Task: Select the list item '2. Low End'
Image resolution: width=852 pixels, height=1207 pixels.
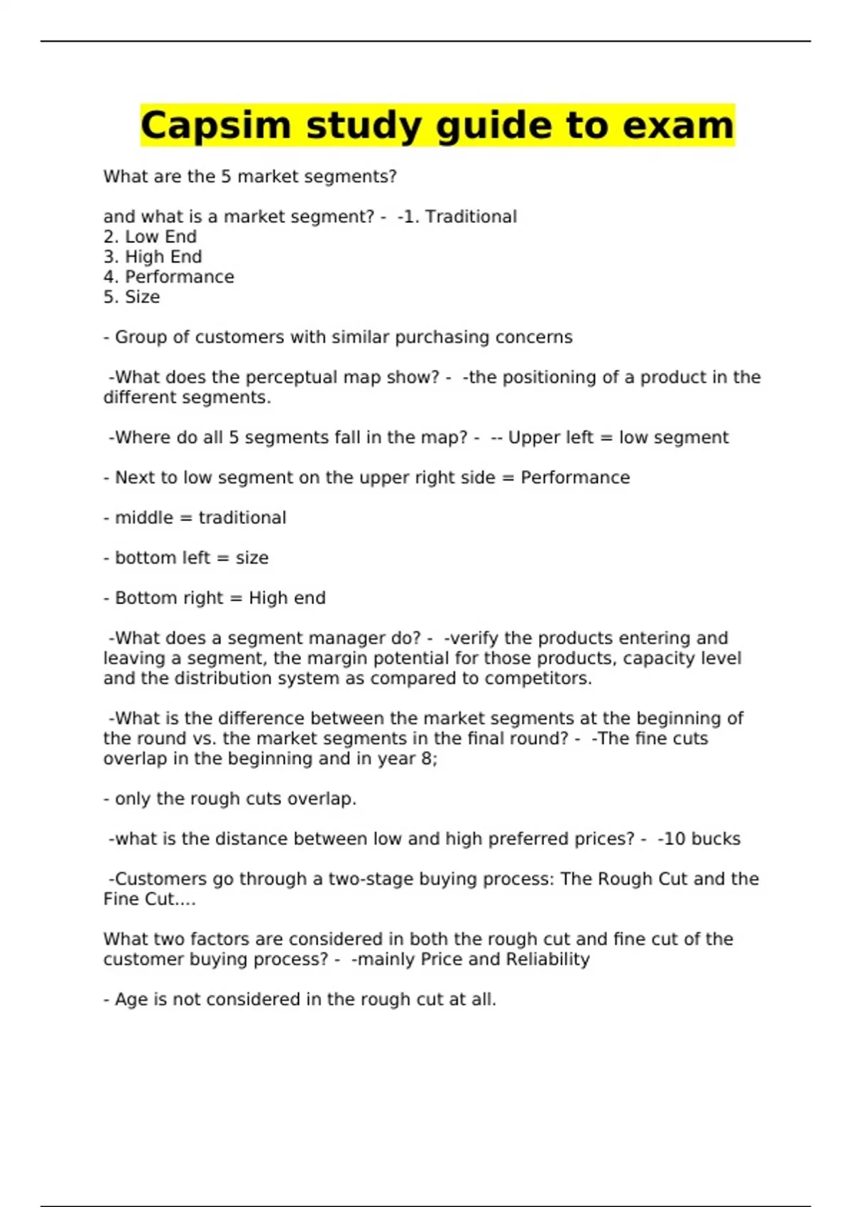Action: tap(150, 236)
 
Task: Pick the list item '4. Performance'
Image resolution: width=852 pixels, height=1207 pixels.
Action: tap(168, 277)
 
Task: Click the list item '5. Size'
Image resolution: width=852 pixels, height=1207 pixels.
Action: tap(131, 297)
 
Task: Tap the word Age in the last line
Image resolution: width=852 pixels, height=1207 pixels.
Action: tap(131, 1000)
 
